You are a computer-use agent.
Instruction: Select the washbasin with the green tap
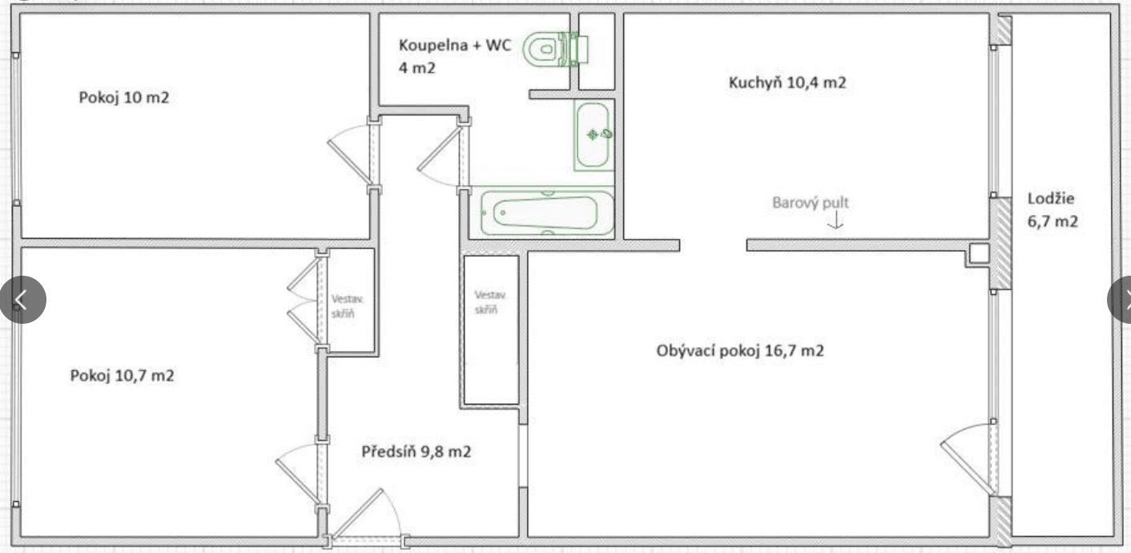[594, 135]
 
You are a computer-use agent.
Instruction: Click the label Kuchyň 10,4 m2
[787, 82]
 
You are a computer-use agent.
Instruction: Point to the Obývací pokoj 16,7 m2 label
[739, 351]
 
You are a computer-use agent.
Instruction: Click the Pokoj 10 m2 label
[123, 98]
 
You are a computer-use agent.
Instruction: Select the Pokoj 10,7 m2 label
[122, 375]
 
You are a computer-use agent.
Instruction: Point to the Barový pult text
[810, 204]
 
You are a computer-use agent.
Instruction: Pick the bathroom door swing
[439, 157]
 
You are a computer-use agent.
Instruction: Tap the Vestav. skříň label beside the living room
[487, 301]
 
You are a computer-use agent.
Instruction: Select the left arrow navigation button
[22, 300]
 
